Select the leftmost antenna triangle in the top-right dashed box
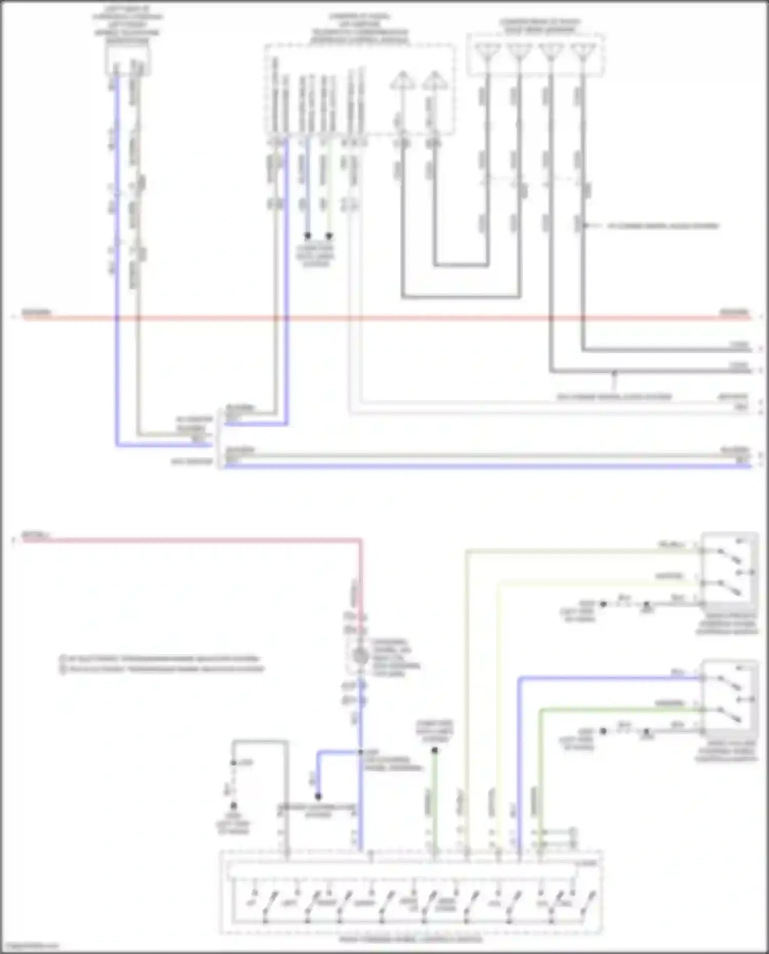click(488, 51)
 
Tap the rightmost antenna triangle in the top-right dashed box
click(582, 51)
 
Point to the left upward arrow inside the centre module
click(402, 80)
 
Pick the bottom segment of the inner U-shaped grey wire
click(461, 265)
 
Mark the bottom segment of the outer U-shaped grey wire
click(461, 296)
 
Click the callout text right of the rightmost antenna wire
click(663, 226)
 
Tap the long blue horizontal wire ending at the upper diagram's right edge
click(487, 466)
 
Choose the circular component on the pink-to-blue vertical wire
click(361, 656)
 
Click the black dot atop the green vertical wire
click(435, 750)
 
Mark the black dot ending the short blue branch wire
click(318, 796)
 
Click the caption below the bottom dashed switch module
click(411, 940)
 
